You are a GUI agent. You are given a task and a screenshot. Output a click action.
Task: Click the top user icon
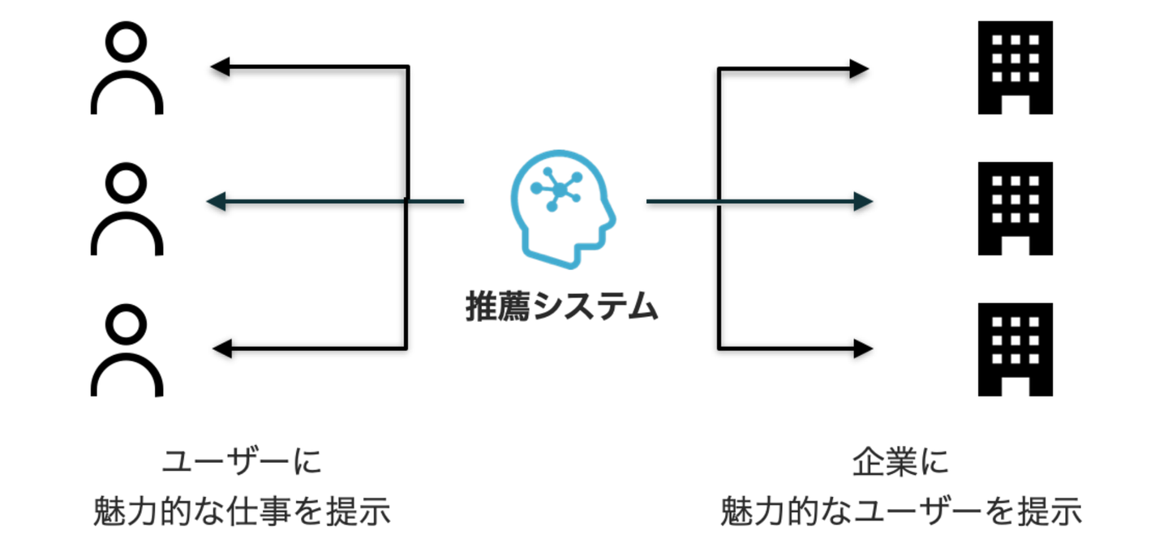click(127, 71)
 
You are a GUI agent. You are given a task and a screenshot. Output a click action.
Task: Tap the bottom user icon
click(127, 353)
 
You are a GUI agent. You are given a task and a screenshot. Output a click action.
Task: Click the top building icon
click(1015, 68)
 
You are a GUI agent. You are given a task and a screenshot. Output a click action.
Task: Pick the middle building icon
click(1015, 209)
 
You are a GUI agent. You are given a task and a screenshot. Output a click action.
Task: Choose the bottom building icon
click(1015, 350)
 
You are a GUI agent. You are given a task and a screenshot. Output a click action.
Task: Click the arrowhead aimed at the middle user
click(216, 201)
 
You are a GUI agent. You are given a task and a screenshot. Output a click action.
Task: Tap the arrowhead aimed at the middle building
click(863, 201)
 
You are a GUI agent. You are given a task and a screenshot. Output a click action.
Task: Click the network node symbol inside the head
click(555, 189)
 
